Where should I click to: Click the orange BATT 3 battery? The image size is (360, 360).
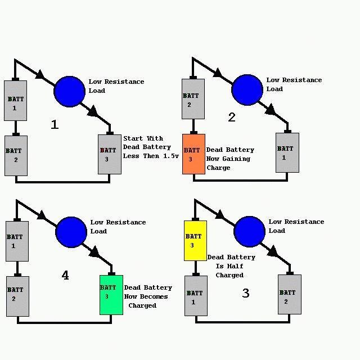click(193, 154)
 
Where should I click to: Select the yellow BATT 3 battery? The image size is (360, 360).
click(195, 241)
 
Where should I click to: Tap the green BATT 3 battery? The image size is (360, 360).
click(111, 295)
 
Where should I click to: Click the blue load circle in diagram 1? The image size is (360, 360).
click(69, 92)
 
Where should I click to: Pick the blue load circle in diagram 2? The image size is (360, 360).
click(247, 90)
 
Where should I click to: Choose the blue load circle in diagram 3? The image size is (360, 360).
click(249, 232)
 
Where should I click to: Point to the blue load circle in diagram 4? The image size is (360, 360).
click(71, 232)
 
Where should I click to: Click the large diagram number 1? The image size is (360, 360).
click(55, 124)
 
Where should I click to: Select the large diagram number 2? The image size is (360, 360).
click(232, 117)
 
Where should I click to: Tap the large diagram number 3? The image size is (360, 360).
click(246, 293)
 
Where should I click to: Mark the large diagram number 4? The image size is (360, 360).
click(65, 275)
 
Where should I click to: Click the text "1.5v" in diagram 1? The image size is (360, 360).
click(171, 156)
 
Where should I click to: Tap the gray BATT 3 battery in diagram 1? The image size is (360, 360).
click(110, 154)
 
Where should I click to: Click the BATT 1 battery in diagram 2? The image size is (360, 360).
click(287, 152)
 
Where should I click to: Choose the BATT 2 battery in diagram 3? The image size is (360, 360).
click(290, 294)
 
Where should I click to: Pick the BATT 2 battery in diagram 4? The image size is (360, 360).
click(17, 296)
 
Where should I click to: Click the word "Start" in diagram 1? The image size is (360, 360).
click(133, 138)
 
